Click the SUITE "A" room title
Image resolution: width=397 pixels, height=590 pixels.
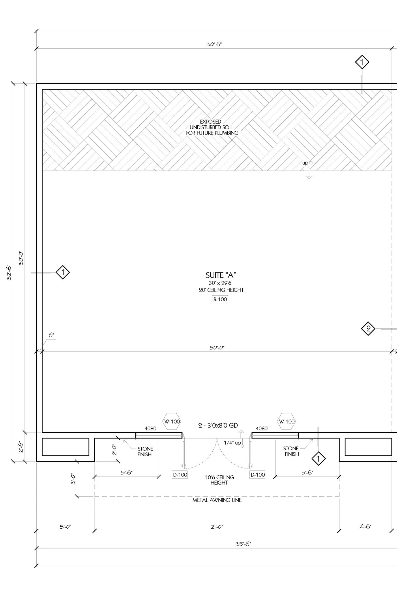click(221, 275)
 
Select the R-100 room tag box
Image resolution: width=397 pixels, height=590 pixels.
click(220, 300)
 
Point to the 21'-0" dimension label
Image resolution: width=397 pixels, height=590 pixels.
click(217, 527)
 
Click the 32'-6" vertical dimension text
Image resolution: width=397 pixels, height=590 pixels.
click(10, 272)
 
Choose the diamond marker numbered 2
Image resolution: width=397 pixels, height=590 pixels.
click(368, 329)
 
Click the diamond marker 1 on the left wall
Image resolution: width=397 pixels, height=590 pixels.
click(63, 272)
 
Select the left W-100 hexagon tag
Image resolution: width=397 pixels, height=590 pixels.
click(172, 422)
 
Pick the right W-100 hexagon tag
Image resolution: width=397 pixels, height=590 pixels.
click(286, 422)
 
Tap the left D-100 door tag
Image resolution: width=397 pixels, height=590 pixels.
click(180, 475)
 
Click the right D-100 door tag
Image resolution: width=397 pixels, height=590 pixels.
click(257, 475)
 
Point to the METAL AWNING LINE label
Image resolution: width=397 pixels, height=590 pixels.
click(217, 500)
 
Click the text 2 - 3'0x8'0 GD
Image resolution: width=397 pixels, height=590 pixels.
click(218, 426)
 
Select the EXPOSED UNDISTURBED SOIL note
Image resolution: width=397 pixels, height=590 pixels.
click(212, 127)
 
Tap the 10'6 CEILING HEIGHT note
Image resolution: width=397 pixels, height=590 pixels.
click(219, 480)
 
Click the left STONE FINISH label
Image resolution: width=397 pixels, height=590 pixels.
click(145, 452)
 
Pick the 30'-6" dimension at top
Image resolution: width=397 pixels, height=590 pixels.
click(214, 44)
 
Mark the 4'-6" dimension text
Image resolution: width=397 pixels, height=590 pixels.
click(366, 527)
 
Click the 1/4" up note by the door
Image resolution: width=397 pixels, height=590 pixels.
click(232, 443)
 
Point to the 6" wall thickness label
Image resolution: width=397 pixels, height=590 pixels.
click(51, 335)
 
